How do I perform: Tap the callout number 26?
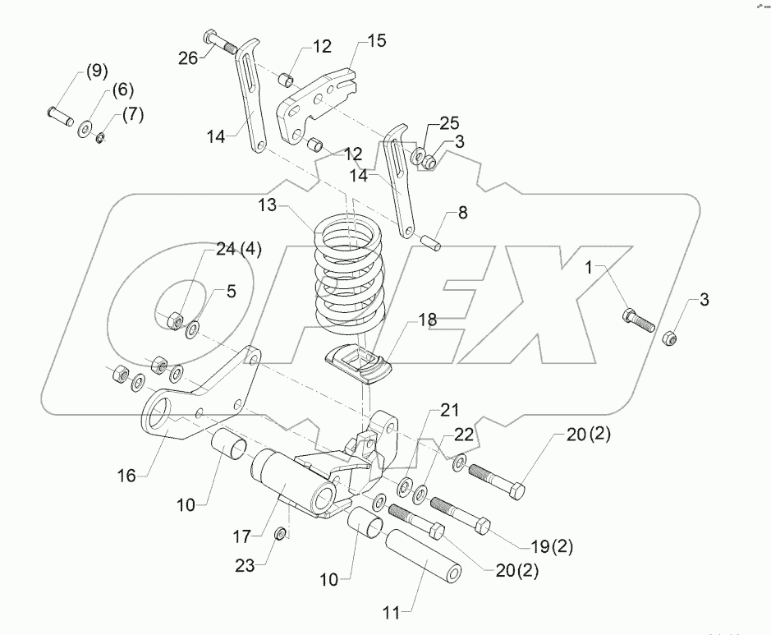tap(187, 58)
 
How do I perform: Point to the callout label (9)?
tap(96, 71)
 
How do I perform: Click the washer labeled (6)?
tap(85, 129)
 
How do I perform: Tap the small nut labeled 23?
tap(280, 535)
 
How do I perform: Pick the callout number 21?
tap(450, 410)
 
